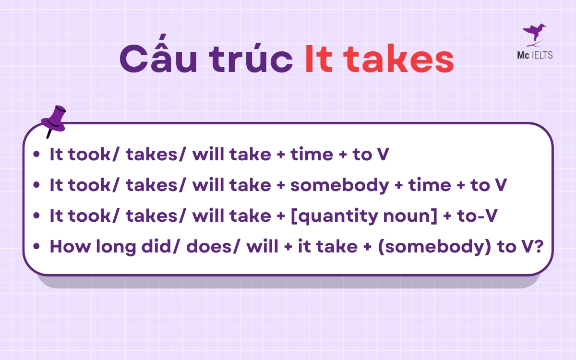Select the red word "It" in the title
(319, 60)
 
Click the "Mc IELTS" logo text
(534, 55)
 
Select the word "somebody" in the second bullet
(339, 185)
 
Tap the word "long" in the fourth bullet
(111, 247)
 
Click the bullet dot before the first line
(37, 155)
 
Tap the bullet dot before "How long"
(37, 247)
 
